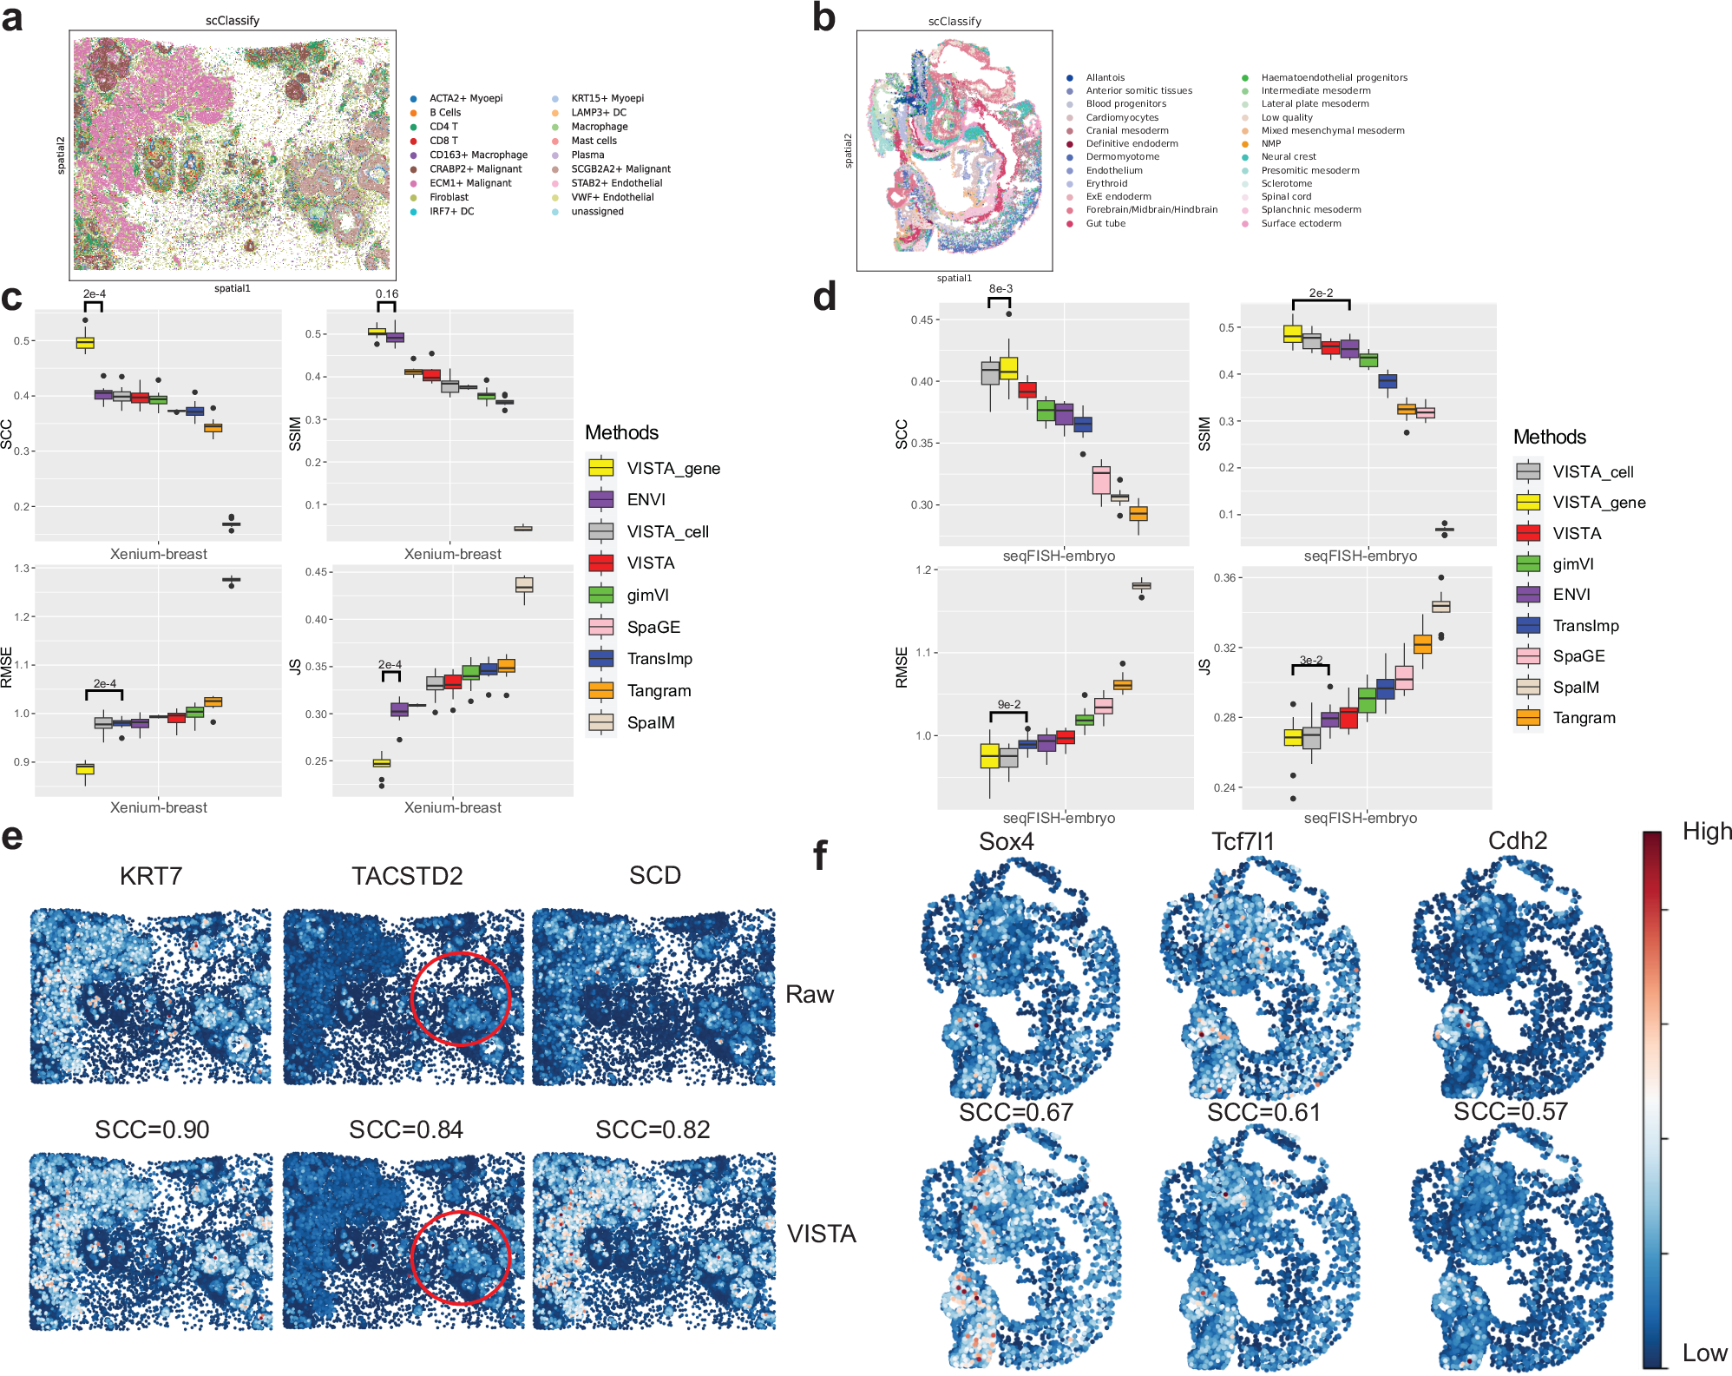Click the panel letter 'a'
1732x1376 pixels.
click(12, 19)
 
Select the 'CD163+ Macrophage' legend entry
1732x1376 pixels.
click(477, 155)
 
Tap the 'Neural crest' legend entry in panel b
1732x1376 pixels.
click(1288, 156)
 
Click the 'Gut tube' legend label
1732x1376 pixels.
click(1105, 223)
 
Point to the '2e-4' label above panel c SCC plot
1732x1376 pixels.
click(94, 294)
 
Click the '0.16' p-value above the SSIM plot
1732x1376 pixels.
click(387, 294)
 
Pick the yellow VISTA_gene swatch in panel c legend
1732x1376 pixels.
click(600, 468)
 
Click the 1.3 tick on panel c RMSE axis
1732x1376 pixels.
click(23, 569)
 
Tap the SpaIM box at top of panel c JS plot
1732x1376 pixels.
click(524, 585)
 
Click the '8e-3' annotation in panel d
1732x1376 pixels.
click(1000, 288)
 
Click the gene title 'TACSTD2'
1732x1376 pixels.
click(407, 876)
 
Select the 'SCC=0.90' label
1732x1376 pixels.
click(152, 1129)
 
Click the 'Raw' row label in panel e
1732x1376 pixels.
click(809, 995)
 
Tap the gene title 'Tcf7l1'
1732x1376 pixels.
click(1243, 841)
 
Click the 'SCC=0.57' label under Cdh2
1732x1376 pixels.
click(1510, 1112)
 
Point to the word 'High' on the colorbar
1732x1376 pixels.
click(1706, 832)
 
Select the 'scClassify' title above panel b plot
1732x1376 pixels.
click(955, 21)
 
